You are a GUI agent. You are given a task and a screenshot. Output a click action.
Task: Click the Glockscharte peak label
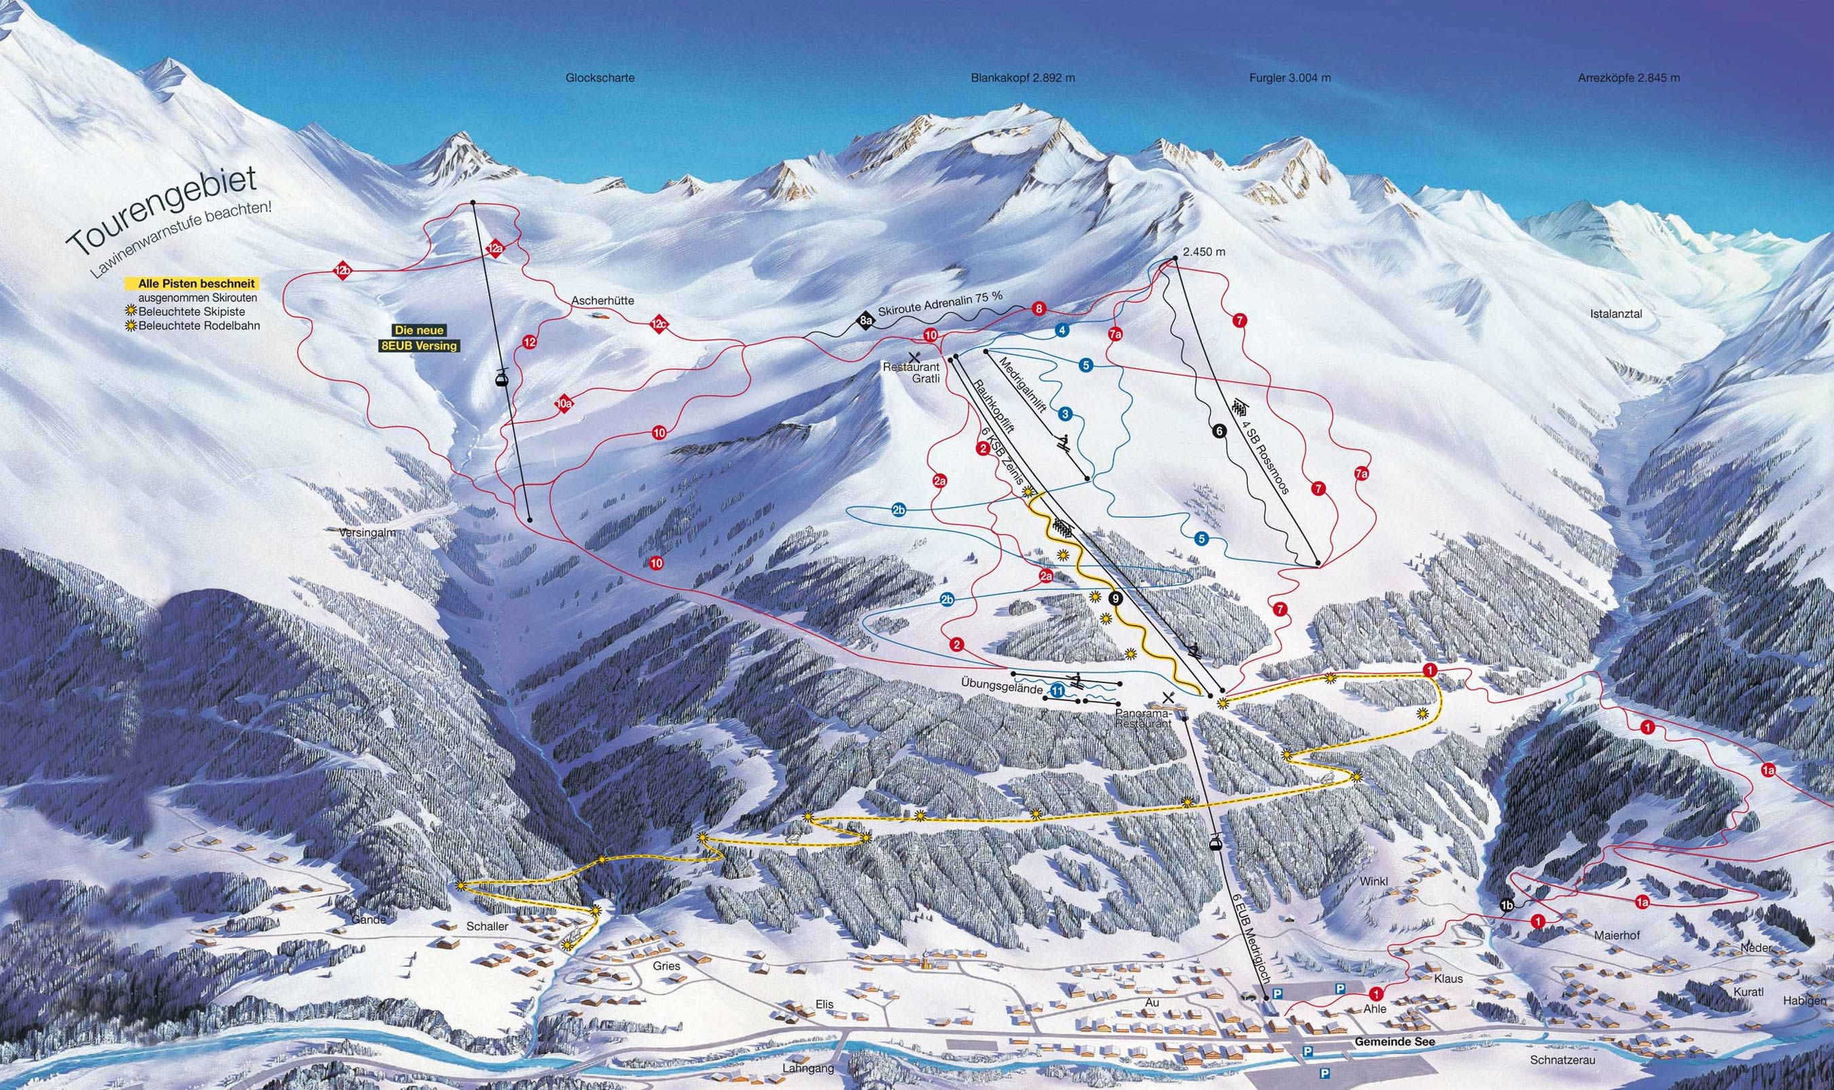(600, 78)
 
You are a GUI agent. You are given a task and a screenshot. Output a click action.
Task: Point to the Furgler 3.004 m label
(1290, 78)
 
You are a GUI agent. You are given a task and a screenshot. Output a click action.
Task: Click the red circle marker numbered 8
(1038, 309)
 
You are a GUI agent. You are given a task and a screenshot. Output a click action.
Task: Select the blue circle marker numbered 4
(1062, 330)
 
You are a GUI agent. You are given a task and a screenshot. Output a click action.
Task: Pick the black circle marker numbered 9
(1117, 599)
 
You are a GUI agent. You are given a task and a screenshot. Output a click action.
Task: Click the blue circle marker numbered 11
(1057, 690)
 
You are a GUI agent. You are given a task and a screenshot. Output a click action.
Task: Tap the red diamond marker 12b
(342, 271)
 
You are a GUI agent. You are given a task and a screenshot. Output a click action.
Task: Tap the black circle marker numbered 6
(1219, 432)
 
